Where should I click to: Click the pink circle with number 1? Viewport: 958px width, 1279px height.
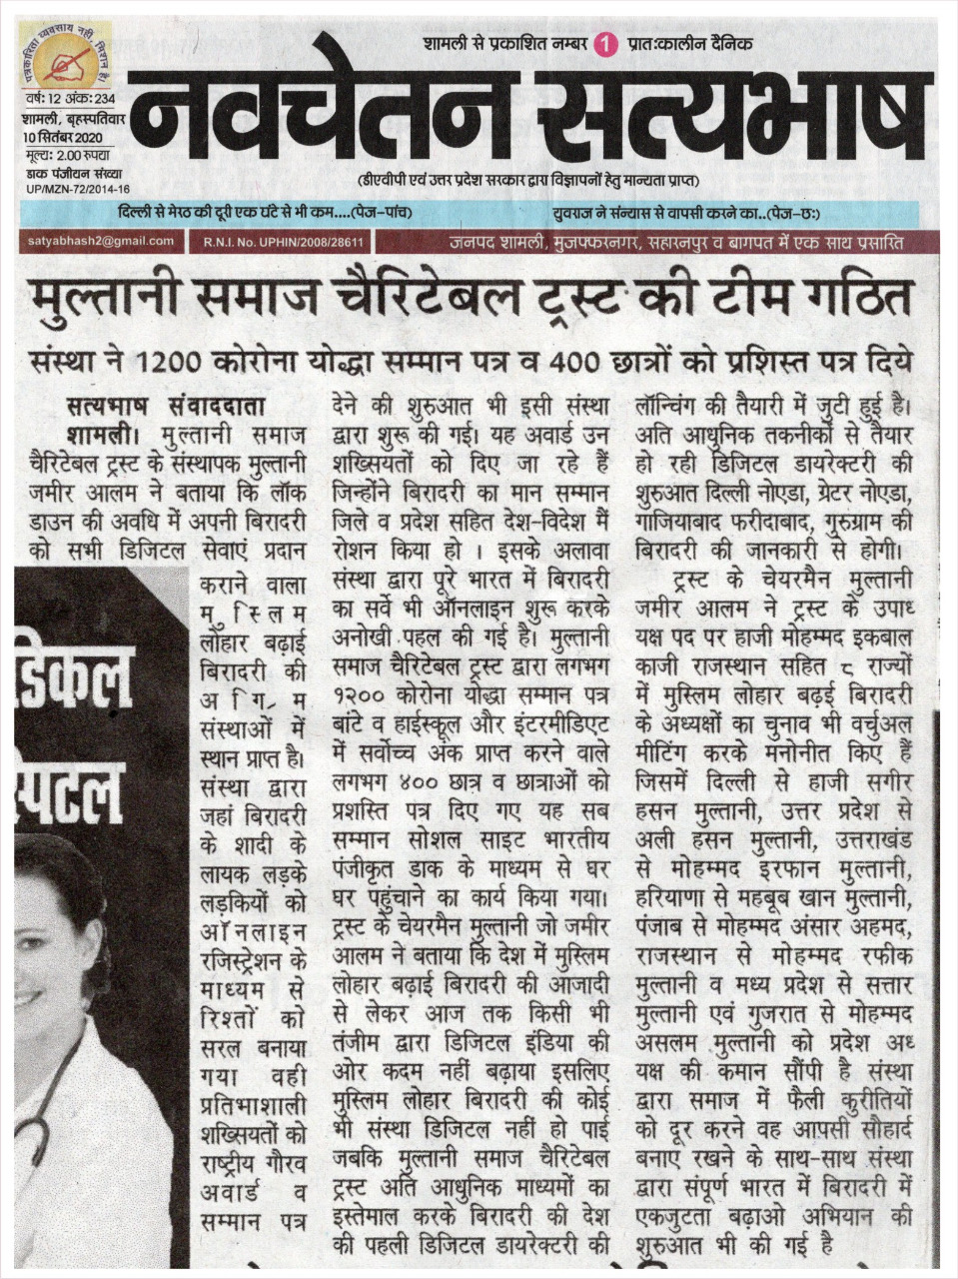pos(601,44)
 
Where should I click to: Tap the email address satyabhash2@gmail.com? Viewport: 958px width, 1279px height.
pos(100,241)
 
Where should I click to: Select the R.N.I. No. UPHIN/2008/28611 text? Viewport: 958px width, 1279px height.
pos(283,242)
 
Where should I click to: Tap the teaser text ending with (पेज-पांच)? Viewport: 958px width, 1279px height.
pos(265,213)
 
